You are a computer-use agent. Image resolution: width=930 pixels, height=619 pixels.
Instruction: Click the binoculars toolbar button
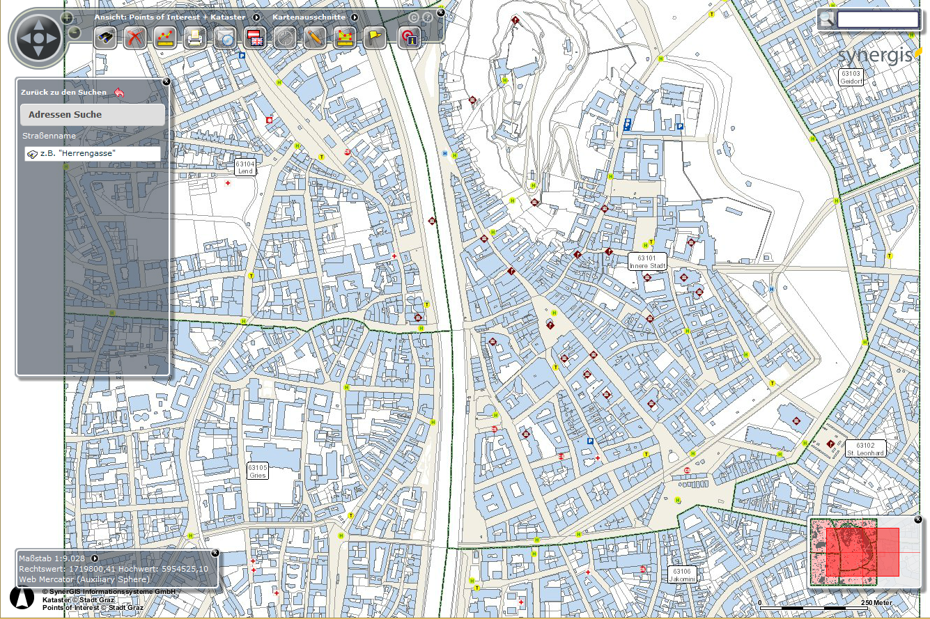105,38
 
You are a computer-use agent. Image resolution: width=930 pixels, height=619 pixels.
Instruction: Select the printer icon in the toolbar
196,38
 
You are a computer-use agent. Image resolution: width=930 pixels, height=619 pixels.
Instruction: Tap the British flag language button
256,38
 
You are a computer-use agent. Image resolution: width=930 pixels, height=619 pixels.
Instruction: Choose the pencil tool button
314,38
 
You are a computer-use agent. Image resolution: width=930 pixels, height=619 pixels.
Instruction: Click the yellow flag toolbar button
374,38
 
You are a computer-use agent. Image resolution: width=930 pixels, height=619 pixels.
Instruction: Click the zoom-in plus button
67,17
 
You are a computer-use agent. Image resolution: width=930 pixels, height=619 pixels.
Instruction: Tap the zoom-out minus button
75,32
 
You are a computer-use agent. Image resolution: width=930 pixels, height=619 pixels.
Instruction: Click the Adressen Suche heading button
93,115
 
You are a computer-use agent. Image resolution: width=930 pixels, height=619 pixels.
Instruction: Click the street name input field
93,153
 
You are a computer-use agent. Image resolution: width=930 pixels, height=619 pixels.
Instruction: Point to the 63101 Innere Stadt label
647,262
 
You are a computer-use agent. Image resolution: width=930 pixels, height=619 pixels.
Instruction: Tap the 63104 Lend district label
245,167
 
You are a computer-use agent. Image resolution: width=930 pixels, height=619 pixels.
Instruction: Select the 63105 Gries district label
257,471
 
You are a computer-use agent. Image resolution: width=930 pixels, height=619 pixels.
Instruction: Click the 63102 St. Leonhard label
865,448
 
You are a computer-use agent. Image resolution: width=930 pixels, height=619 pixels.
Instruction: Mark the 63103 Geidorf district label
851,77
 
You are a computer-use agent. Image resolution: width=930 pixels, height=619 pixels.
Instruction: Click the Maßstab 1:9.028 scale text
52,558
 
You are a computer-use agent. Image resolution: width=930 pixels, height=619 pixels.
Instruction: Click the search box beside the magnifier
878,19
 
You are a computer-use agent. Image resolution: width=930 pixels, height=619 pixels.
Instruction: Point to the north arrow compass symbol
22,597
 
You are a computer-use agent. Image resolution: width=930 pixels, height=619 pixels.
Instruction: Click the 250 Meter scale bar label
876,603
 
